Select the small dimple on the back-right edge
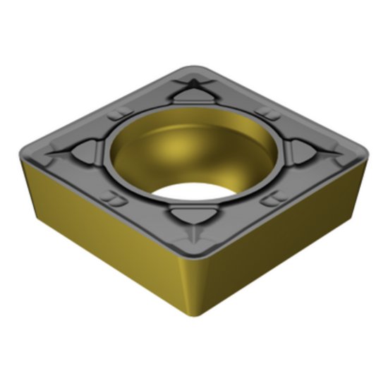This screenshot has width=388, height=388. coord(266,112)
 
